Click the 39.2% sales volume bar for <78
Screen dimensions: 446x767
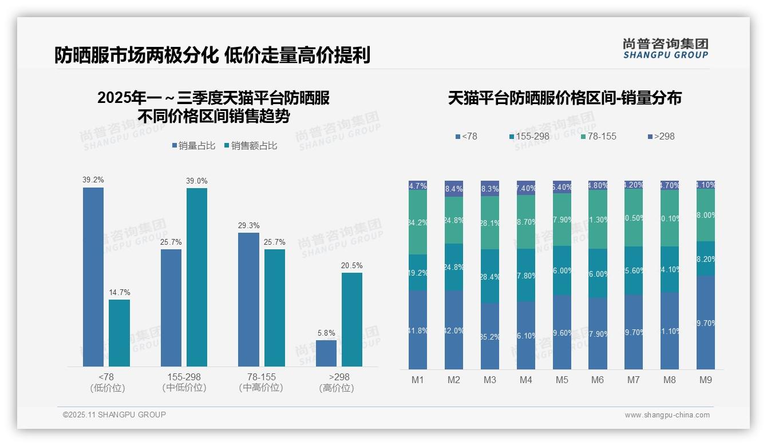pos(93,277)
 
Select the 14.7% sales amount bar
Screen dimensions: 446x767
pos(119,333)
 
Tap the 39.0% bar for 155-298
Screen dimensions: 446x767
pos(197,277)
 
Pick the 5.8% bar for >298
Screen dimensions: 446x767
pos(326,353)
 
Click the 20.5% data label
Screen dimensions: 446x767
pos(352,265)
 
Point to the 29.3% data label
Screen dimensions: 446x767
pos(248,225)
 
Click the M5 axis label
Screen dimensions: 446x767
pos(562,380)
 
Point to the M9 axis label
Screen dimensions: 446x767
pos(705,380)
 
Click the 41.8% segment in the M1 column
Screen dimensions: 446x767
pos(418,330)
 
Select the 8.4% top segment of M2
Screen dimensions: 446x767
pos(454,189)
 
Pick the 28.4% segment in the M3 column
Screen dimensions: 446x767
pos(490,276)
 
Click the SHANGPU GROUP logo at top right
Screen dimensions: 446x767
pos(665,49)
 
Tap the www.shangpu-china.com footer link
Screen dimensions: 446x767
pos(667,415)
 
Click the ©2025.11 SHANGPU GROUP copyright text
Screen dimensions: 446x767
pos(114,415)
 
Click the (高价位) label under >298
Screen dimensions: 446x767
pos(337,388)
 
